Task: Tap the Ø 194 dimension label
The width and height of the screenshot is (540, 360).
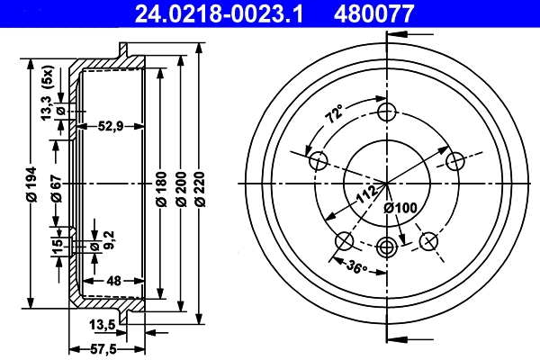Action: click(33, 185)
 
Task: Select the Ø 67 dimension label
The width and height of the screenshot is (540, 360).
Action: click(56, 186)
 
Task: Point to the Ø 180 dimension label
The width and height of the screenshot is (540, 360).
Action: click(160, 185)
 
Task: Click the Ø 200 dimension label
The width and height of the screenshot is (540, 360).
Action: click(180, 185)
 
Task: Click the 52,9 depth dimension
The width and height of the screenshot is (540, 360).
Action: click(112, 127)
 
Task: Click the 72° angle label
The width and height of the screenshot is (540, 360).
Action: click(334, 115)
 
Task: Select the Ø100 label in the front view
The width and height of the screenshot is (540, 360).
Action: click(401, 209)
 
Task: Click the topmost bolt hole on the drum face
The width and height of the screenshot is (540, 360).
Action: click(388, 112)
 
